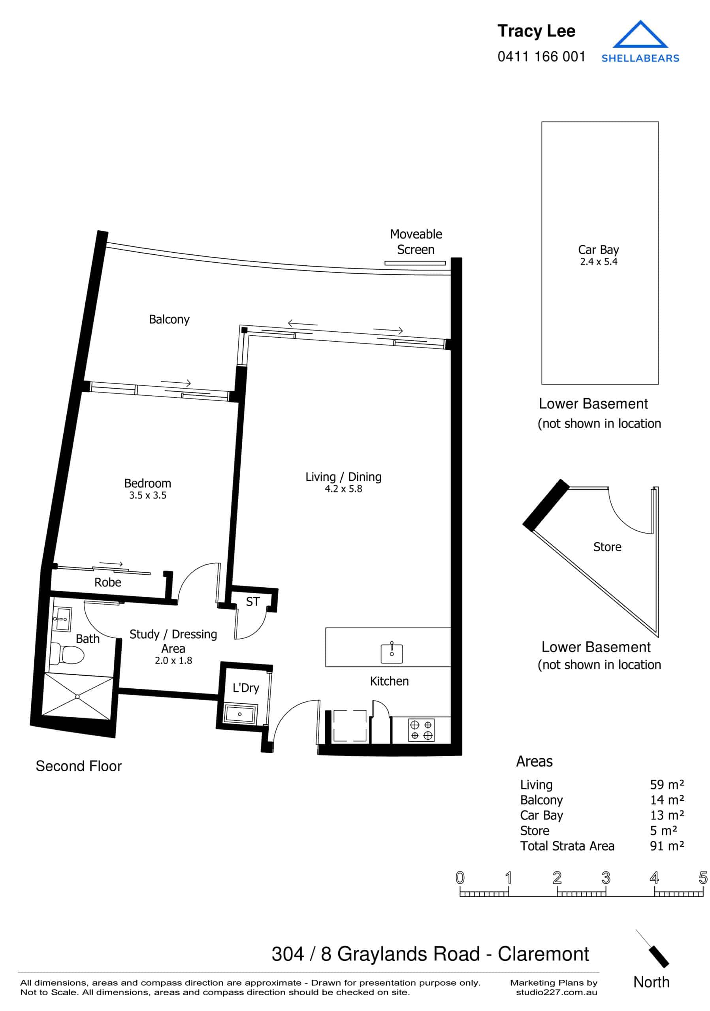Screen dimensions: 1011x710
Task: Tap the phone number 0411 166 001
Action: [x=541, y=57]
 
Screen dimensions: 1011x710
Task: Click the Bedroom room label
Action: [x=147, y=483]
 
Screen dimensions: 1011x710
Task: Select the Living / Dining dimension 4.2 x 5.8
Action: [x=343, y=489]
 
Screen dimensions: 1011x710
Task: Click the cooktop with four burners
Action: [x=421, y=730]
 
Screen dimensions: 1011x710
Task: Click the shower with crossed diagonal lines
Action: [x=77, y=697]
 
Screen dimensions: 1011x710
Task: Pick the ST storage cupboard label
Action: [x=252, y=601]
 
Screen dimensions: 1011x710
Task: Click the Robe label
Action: [x=107, y=583]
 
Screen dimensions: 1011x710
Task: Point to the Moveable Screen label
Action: [x=415, y=242]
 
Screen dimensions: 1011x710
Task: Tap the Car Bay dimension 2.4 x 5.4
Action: [x=598, y=262]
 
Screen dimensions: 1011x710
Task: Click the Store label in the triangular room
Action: [x=607, y=547]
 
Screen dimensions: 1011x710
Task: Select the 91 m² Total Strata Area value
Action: [x=667, y=846]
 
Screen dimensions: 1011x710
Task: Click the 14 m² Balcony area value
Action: [x=667, y=800]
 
